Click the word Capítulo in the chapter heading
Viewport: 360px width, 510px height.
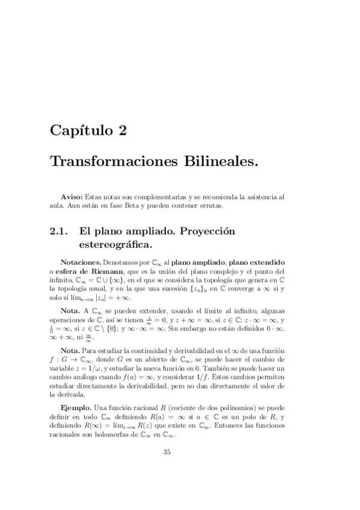tap(84, 130)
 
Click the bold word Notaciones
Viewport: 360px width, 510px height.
tap(81, 263)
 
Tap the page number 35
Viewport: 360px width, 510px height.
tap(167, 452)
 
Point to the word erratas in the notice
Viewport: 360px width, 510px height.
tap(211, 206)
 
